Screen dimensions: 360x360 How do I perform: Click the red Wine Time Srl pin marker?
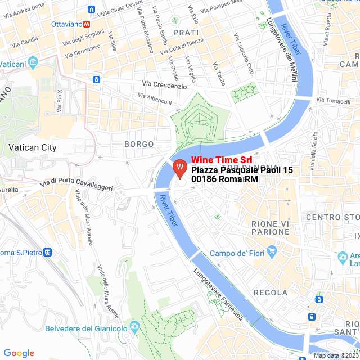click(179, 168)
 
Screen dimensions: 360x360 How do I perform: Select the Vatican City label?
click(33, 147)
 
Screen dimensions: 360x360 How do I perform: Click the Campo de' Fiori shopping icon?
click(272, 251)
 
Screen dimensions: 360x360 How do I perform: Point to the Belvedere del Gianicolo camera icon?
click(134, 327)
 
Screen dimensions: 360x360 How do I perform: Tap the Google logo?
click(19, 353)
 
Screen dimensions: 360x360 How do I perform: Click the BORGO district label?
click(139, 145)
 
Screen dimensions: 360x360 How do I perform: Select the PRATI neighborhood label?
click(186, 33)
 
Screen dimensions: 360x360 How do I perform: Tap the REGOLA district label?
click(271, 292)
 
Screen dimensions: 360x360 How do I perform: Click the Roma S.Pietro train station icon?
click(48, 252)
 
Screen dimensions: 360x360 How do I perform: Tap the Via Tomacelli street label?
click(334, 100)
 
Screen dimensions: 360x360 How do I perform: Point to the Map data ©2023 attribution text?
click(336, 355)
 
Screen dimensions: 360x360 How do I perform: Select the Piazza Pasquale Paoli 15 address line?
click(242, 170)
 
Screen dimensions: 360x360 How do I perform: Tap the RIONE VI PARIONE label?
click(270, 228)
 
